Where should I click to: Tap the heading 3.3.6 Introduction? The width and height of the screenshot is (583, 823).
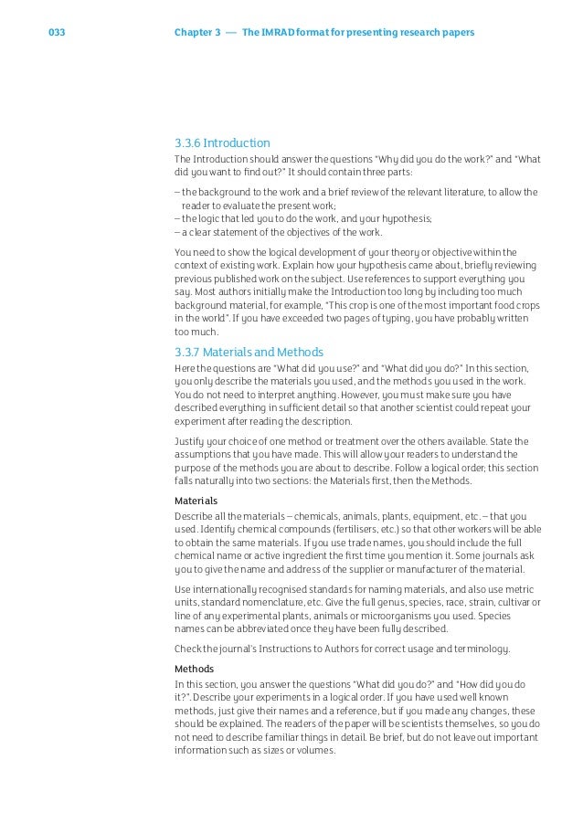point(222,142)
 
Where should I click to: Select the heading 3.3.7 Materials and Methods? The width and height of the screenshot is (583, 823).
point(249,352)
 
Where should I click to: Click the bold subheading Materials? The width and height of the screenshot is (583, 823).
point(196,501)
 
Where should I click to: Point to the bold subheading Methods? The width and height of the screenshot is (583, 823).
point(194,669)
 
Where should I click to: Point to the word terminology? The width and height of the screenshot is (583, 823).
point(500,649)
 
